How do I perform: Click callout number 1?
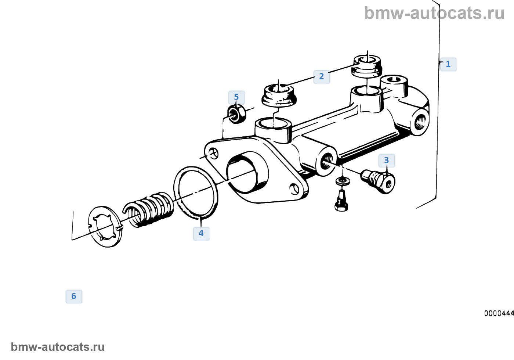click(448, 64)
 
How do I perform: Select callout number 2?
click(321, 76)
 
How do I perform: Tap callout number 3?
click(386, 161)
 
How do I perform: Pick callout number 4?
click(201, 233)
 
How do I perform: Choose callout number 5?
click(236, 97)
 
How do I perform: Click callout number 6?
click(74, 296)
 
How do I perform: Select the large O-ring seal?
click(195, 192)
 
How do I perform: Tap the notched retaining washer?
click(105, 226)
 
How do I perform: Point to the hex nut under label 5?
click(236, 114)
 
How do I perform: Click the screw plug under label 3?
click(378, 181)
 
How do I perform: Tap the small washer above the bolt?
click(343, 181)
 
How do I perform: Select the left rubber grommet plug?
click(279, 95)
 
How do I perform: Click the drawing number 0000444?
click(499, 313)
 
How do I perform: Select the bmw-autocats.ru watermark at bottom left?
click(58, 347)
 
